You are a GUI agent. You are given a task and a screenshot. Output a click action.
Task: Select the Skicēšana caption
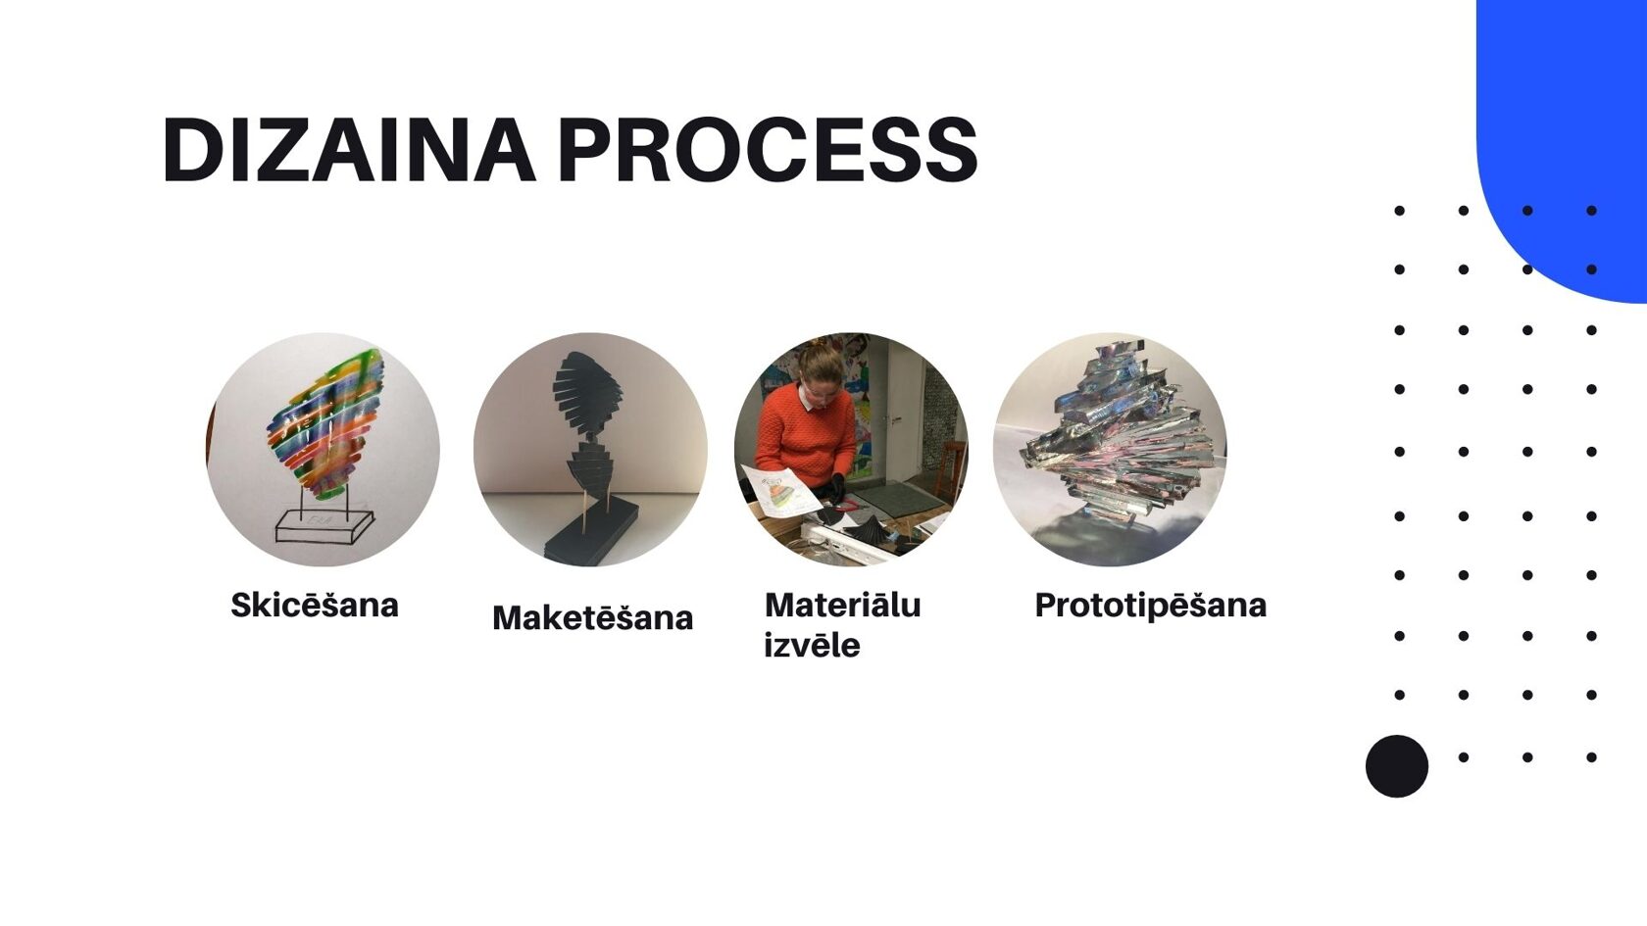[x=315, y=605]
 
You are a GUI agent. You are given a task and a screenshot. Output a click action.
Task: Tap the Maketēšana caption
[x=592, y=617]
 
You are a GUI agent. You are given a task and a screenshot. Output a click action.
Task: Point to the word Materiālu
[x=843, y=605]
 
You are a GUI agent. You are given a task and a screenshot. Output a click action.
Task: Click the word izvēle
[x=812, y=645]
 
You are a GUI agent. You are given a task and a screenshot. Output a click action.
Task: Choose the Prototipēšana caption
[x=1151, y=606]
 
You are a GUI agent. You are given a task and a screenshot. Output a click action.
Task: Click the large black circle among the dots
[x=1397, y=766]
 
